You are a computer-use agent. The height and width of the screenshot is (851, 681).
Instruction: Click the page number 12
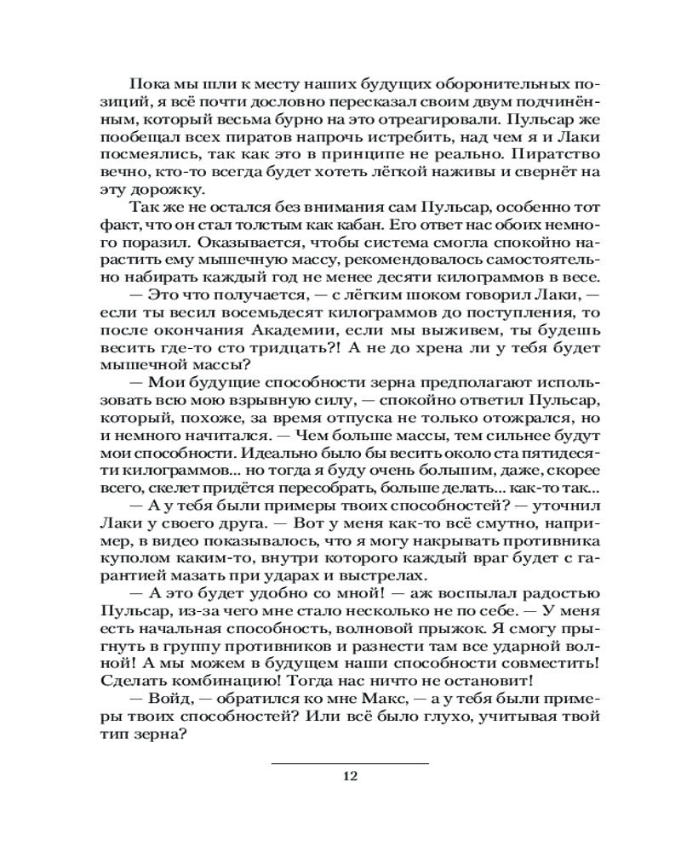tap(350, 775)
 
